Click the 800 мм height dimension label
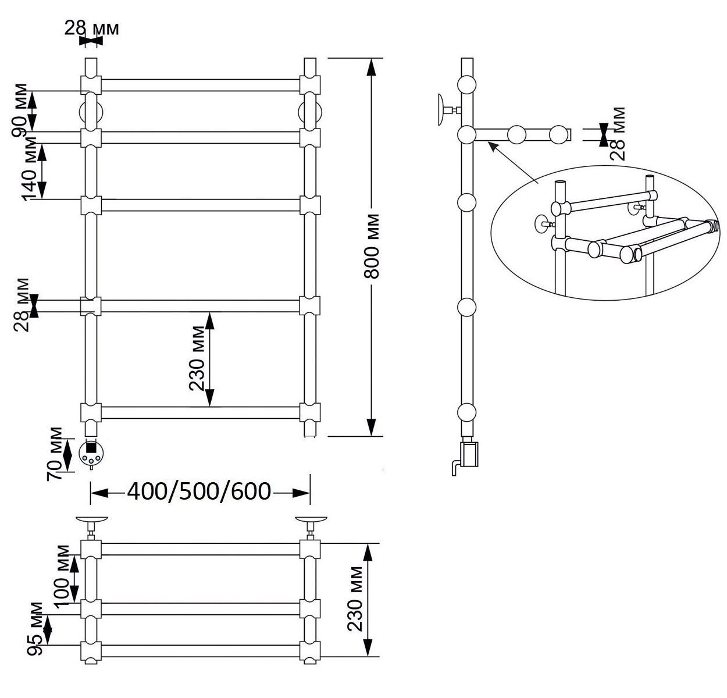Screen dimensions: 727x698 pyautogui.click(x=371, y=246)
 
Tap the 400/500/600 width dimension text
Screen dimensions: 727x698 pyautogui.click(x=199, y=492)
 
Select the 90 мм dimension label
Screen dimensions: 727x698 pyautogui.click(x=19, y=111)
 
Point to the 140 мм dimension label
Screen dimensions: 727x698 pyautogui.click(x=29, y=169)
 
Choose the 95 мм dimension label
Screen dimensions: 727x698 pyautogui.click(x=35, y=629)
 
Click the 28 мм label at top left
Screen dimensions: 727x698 pyautogui.click(x=91, y=29)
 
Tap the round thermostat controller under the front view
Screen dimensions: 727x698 pyautogui.click(x=91, y=453)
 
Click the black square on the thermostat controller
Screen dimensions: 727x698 pyautogui.click(x=91, y=447)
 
